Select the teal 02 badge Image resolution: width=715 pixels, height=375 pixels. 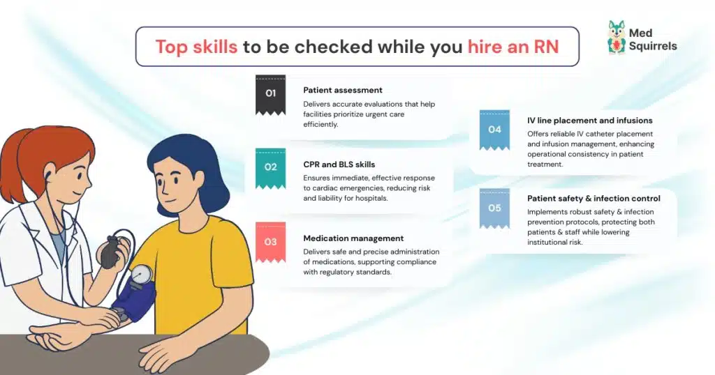tap(270, 167)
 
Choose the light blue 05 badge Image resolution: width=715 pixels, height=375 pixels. tap(494, 208)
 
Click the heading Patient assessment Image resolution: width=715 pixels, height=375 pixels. tap(342, 90)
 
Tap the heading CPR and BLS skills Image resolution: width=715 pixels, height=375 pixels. tap(339, 164)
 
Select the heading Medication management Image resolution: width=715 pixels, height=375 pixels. tap(353, 238)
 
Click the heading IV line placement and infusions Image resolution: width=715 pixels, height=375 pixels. tap(589, 121)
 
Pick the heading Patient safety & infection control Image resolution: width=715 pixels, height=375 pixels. tap(594, 199)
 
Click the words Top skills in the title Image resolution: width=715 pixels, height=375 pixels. tap(196, 47)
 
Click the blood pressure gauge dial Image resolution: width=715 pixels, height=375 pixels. tap(142, 273)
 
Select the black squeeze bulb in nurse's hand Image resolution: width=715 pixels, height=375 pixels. tap(110, 252)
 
